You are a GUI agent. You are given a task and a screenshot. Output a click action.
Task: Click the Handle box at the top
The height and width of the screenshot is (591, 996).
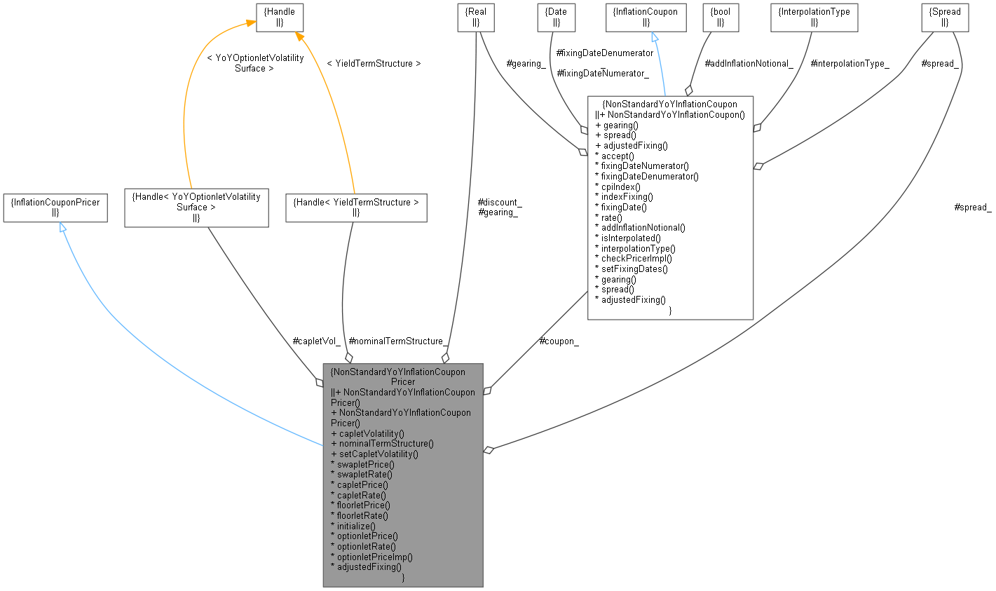click(280, 18)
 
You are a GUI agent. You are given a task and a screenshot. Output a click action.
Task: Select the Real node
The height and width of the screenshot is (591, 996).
click(475, 18)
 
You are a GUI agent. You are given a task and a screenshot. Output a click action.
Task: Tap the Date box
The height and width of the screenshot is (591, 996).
click(556, 18)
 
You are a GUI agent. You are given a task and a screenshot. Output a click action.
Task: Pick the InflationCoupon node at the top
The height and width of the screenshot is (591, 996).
click(646, 18)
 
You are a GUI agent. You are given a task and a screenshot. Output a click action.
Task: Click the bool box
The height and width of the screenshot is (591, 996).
click(720, 18)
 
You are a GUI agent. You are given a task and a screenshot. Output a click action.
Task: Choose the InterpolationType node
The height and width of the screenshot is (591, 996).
click(814, 18)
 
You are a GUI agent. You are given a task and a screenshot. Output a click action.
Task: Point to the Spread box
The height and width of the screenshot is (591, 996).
click(945, 18)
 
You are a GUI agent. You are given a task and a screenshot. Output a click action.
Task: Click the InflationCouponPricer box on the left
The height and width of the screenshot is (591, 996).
click(55, 208)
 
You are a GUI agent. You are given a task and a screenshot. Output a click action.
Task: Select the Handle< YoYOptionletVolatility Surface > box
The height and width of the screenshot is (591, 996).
click(196, 207)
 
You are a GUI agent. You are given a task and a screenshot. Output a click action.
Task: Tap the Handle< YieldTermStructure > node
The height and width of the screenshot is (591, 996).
click(356, 208)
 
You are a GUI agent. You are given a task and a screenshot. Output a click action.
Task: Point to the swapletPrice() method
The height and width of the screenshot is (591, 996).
click(365, 464)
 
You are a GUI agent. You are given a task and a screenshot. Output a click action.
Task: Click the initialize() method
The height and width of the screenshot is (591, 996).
click(356, 526)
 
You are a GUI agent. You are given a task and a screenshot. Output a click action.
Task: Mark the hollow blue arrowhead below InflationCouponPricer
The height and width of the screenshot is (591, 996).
click(62, 228)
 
